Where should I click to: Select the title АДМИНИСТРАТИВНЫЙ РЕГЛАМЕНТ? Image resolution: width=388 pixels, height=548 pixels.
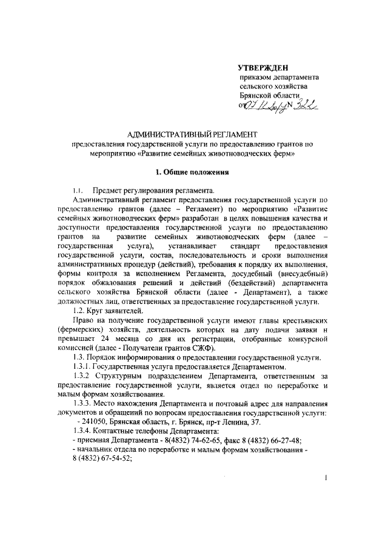(x=193, y=133)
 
